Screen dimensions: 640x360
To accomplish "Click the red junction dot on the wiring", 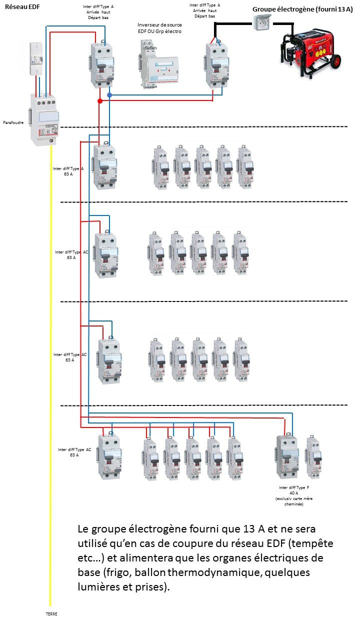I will click(x=100, y=101).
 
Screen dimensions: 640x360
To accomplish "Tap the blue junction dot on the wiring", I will click(x=109, y=95).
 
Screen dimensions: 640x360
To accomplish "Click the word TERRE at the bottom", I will click(x=51, y=613).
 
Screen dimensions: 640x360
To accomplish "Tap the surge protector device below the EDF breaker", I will click(x=44, y=118).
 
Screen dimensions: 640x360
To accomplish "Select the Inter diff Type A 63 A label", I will click(x=67, y=171).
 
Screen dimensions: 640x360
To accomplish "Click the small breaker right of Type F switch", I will click(x=313, y=455).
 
